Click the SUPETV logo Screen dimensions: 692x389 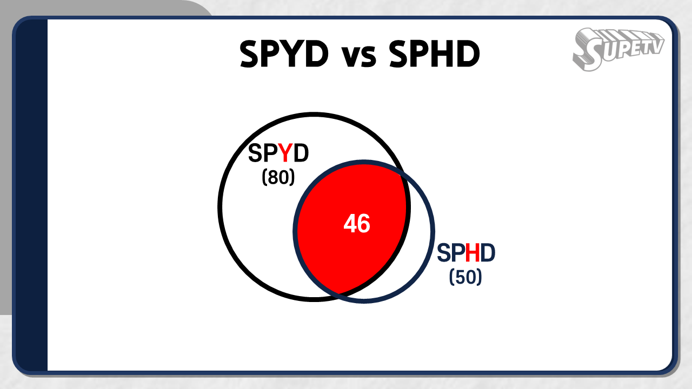pos(618,49)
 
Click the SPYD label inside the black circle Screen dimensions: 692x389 pos(278,153)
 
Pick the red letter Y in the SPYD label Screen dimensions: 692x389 pos(285,153)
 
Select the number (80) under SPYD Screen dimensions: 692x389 pos(278,177)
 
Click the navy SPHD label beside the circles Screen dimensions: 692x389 pos(466,253)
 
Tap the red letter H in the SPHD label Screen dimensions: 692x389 pos(473,253)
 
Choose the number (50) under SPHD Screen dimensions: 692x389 pos(465,277)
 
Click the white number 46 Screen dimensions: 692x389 pos(357,224)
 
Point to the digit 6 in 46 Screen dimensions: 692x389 pos(364,224)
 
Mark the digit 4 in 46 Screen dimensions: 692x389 pos(350,224)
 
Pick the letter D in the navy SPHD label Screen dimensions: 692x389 pos(488,253)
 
